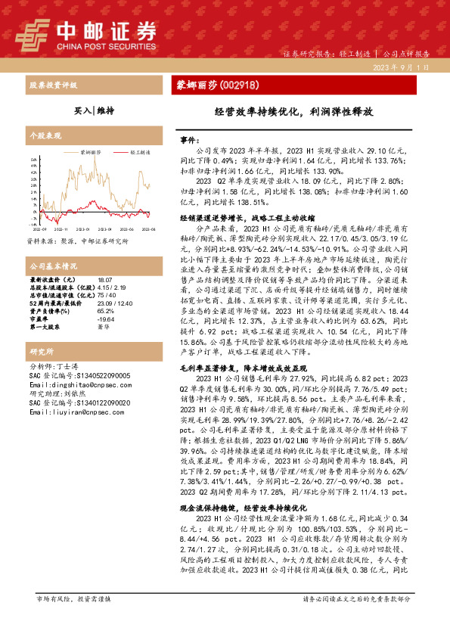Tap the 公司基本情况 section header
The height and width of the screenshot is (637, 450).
click(x=53, y=267)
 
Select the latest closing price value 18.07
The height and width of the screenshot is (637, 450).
click(x=103, y=281)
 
